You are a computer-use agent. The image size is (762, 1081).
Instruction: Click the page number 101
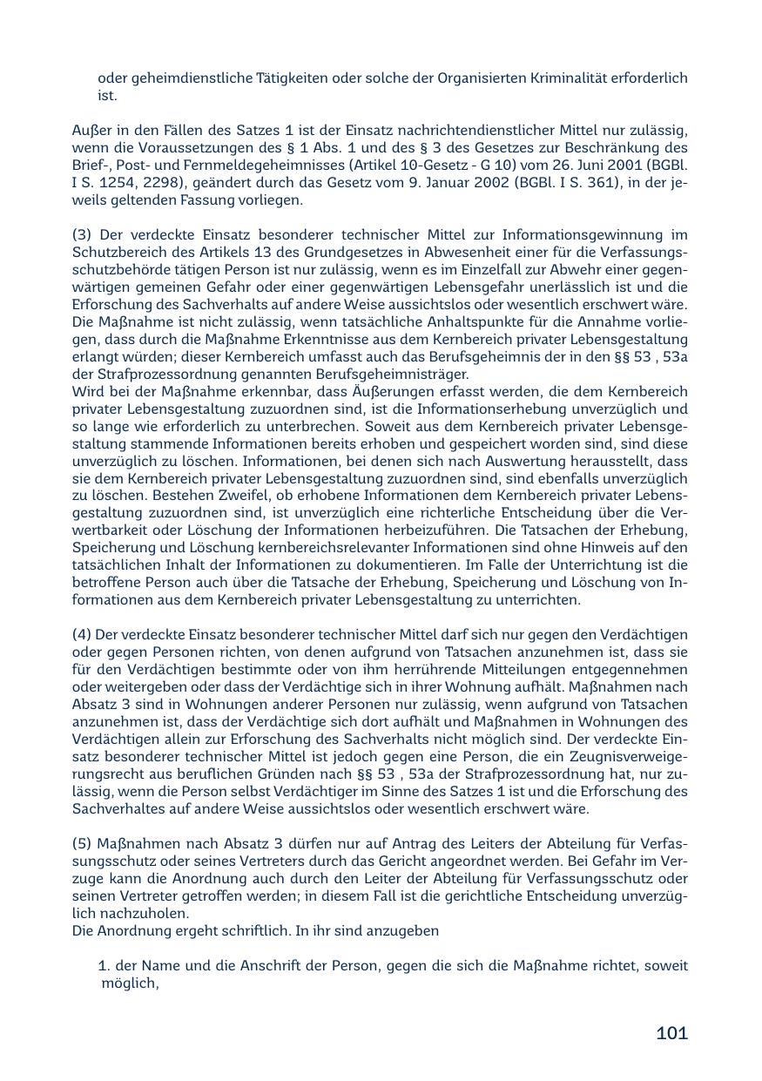click(x=671, y=1033)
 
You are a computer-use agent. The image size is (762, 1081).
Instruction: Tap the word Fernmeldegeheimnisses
click(x=246, y=166)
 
